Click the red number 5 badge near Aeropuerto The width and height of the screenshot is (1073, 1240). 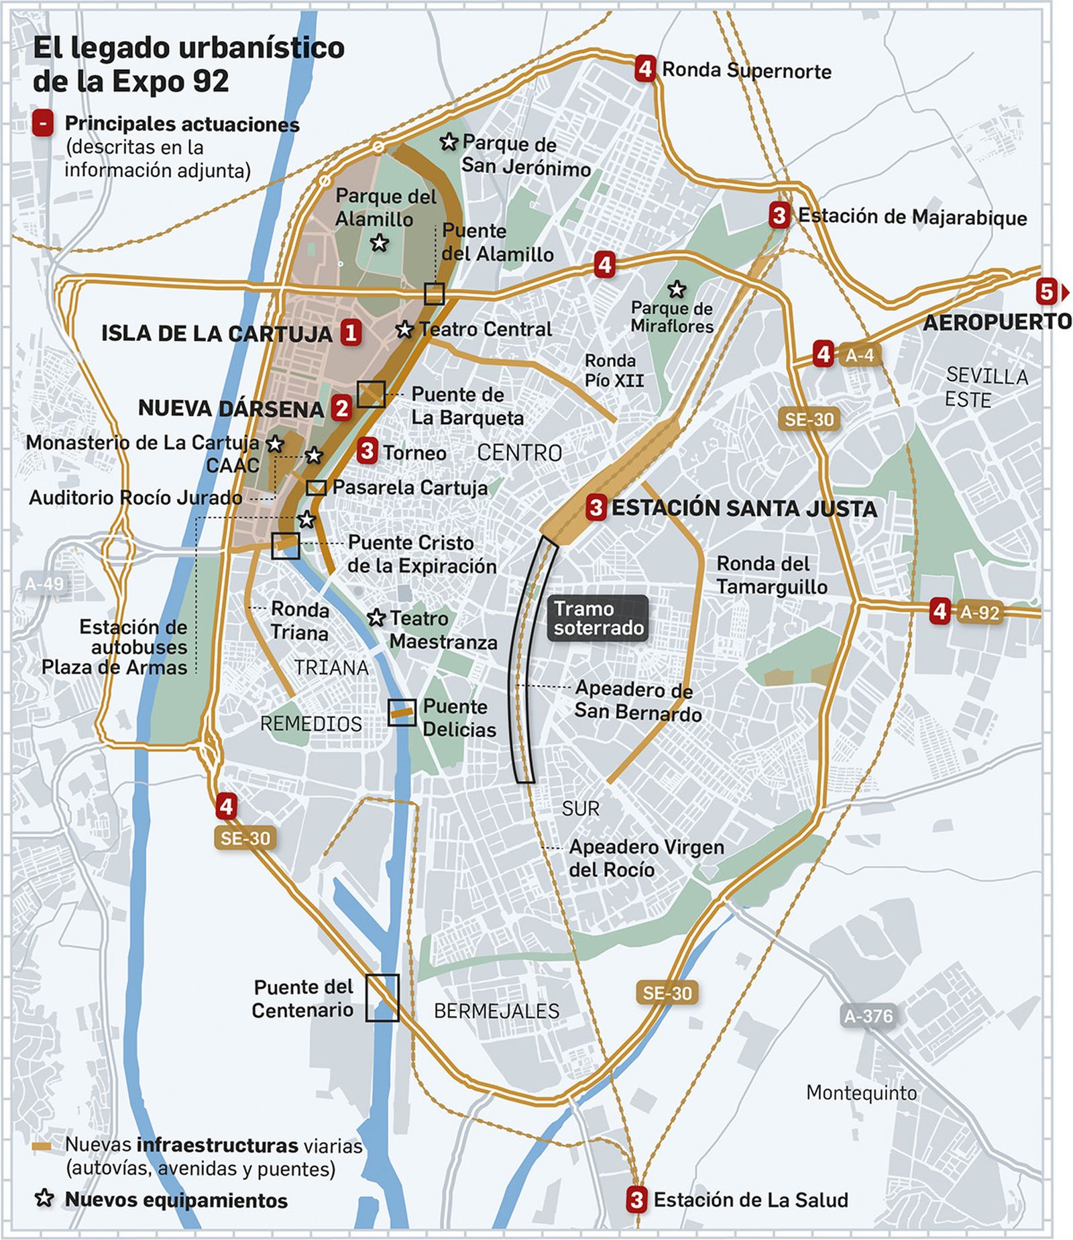click(1046, 292)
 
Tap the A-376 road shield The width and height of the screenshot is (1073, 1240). click(868, 1016)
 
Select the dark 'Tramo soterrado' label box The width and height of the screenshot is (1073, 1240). click(598, 618)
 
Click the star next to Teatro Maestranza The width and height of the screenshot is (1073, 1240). click(376, 617)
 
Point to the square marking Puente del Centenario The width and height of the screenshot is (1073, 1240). click(382, 998)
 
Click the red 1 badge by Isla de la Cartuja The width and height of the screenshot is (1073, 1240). click(351, 332)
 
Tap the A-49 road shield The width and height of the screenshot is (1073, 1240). click(44, 583)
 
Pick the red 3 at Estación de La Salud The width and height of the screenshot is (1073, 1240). click(636, 1199)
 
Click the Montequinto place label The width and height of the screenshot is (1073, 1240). click(861, 1093)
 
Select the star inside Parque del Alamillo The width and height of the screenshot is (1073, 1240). click(380, 242)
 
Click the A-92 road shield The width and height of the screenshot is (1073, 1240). click(979, 612)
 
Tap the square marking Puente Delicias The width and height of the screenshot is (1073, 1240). click(402, 713)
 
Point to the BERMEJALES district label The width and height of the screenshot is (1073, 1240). click(496, 1011)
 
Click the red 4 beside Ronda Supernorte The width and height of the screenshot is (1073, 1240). click(644, 68)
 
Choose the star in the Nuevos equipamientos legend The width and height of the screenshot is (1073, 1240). click(44, 1198)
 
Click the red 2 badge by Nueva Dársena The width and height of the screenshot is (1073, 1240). click(342, 407)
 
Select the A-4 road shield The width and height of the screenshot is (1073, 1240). click(860, 355)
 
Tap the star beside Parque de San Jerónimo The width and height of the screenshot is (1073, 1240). click(449, 142)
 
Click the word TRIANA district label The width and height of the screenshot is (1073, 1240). click(331, 668)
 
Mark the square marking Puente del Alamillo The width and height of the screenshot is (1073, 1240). click(434, 294)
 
